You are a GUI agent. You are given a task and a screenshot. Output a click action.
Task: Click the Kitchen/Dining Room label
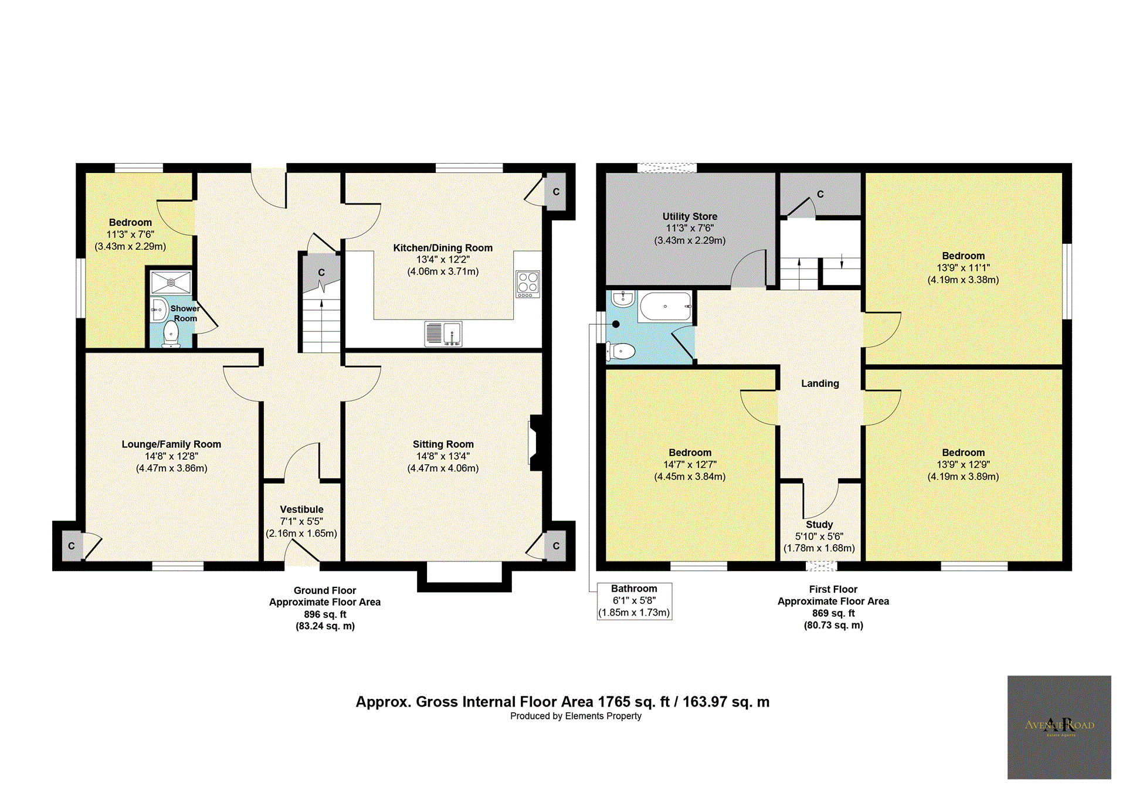tap(443, 248)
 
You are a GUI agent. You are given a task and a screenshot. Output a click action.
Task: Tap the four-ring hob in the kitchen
tap(528, 284)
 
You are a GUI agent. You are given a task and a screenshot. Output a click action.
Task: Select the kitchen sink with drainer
tap(443, 334)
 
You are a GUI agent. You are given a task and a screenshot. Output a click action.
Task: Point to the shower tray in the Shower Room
tap(171, 283)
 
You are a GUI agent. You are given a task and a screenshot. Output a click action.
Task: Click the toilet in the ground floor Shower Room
tap(171, 334)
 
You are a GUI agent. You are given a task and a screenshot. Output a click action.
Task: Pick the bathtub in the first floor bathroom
tap(666, 306)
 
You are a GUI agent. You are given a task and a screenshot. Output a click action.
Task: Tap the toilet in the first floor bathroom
tap(620, 351)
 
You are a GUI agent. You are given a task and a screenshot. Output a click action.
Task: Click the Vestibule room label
tap(301, 509)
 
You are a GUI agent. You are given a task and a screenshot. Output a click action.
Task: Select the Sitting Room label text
tap(443, 444)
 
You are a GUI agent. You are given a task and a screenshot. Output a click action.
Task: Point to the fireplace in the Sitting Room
tap(536, 443)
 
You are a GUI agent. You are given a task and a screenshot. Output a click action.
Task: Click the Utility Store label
tap(690, 216)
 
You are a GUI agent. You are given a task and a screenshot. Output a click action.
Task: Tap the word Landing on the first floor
tap(820, 383)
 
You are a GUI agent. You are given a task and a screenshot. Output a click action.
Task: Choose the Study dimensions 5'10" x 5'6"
tap(819, 536)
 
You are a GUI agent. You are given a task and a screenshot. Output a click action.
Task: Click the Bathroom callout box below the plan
tap(634, 601)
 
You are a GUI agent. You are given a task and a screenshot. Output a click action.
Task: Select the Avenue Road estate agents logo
tap(1059, 727)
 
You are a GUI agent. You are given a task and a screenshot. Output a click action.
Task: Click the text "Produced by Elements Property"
tap(576, 716)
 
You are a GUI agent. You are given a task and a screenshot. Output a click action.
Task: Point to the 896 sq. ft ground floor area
tap(325, 614)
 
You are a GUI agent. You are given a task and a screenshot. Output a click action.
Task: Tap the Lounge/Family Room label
tap(171, 444)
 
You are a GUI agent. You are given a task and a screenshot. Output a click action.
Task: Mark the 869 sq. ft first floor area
tap(833, 613)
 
